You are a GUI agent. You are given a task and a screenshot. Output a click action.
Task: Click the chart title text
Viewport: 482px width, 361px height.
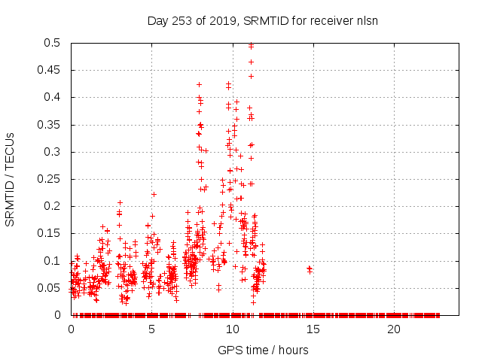click(x=262, y=20)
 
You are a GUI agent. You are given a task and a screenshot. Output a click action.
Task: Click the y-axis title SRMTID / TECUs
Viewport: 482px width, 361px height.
click(x=11, y=179)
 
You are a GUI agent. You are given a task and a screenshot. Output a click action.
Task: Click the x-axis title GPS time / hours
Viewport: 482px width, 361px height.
click(x=263, y=350)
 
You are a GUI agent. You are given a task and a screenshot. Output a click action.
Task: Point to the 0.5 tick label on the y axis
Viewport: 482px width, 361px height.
click(x=53, y=43)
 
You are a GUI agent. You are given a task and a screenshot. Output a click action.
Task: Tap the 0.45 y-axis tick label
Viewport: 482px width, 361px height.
click(x=50, y=70)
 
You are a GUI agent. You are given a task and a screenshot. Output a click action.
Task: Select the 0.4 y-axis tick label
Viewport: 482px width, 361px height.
click(x=53, y=98)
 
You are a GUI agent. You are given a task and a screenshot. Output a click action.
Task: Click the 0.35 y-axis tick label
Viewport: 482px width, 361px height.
click(x=50, y=125)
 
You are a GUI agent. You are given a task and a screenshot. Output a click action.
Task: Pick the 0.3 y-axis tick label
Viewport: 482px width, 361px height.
click(x=53, y=152)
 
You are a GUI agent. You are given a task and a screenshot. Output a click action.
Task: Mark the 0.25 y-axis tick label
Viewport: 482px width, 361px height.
click(x=50, y=179)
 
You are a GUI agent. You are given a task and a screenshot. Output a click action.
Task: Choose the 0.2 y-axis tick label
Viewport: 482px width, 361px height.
click(x=53, y=206)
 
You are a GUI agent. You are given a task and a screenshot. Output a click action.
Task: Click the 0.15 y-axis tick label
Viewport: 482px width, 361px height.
click(x=50, y=233)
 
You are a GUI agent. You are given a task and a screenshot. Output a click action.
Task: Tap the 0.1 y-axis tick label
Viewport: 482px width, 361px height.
click(x=53, y=261)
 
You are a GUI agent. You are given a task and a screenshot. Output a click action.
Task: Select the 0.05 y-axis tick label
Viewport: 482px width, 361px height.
click(x=50, y=288)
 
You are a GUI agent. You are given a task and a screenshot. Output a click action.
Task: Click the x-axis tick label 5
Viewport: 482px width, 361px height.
click(x=152, y=329)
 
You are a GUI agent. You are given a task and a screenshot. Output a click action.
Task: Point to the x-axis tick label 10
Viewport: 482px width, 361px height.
click(x=233, y=329)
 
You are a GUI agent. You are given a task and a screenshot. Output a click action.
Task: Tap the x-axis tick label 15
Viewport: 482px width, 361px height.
click(x=313, y=329)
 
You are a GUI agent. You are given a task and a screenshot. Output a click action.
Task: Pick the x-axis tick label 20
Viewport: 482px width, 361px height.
click(x=394, y=329)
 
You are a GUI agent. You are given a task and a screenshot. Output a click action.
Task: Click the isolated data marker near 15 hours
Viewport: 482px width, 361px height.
click(x=310, y=268)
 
